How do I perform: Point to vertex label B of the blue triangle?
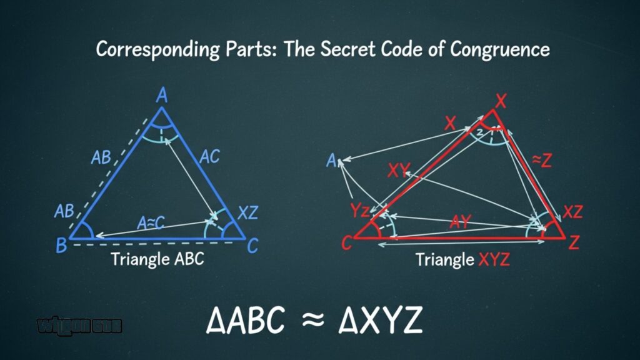[61, 246]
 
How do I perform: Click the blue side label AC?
[209, 157]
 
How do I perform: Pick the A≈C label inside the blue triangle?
[151, 222]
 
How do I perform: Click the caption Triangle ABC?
[157, 259]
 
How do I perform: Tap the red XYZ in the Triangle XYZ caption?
[494, 259]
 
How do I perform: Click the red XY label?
[399, 170]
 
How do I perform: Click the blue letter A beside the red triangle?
[332, 161]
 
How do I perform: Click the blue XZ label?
[247, 213]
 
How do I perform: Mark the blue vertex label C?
[252, 246]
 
